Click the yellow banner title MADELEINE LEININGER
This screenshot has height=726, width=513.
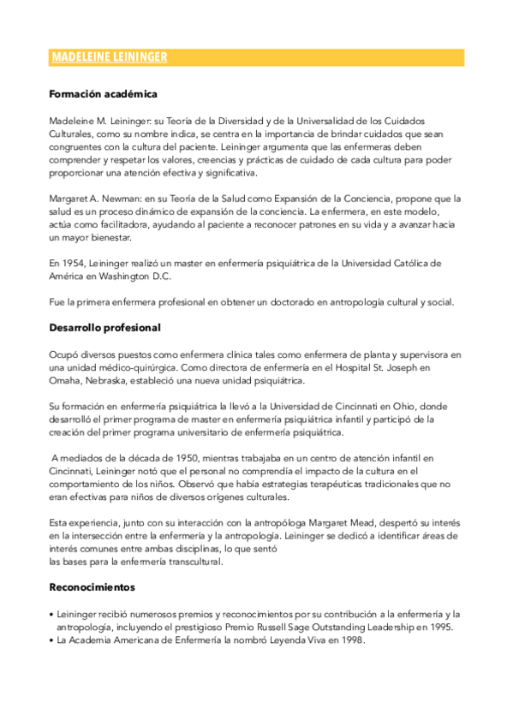point(109,57)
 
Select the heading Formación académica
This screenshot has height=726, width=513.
point(103,94)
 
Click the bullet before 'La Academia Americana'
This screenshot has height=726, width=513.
point(52,640)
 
